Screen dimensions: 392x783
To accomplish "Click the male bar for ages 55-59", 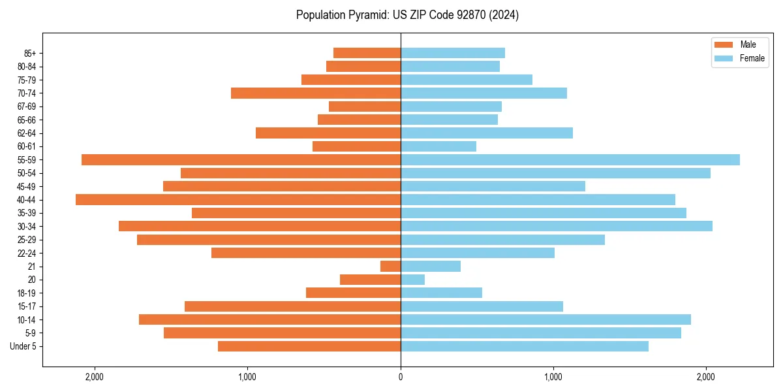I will click(x=241, y=159).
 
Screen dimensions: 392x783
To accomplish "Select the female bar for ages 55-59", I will click(x=570, y=159).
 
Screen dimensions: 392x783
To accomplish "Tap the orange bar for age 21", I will click(x=390, y=266).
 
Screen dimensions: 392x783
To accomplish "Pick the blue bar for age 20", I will click(x=412, y=280).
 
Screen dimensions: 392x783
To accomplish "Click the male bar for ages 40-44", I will click(x=238, y=199).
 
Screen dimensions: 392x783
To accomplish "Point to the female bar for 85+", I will click(x=452, y=53).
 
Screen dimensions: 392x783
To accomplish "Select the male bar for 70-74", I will click(x=316, y=93).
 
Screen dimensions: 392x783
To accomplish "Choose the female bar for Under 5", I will click(x=524, y=346).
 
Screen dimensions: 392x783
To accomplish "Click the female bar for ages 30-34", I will click(x=556, y=226).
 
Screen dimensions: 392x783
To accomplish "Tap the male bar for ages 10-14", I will click(x=269, y=319).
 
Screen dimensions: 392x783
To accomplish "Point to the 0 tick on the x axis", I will click(x=401, y=377).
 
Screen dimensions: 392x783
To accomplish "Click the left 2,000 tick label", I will click(x=95, y=377).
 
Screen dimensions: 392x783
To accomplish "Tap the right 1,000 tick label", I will click(x=553, y=377).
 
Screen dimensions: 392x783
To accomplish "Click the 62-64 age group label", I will click(x=26, y=133).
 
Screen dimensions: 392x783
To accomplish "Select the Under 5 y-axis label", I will click(x=23, y=346).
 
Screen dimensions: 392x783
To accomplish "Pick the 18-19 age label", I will click(x=26, y=293).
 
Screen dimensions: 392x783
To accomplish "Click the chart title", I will click(x=407, y=15).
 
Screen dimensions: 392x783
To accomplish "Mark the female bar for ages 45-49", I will click(x=493, y=186).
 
